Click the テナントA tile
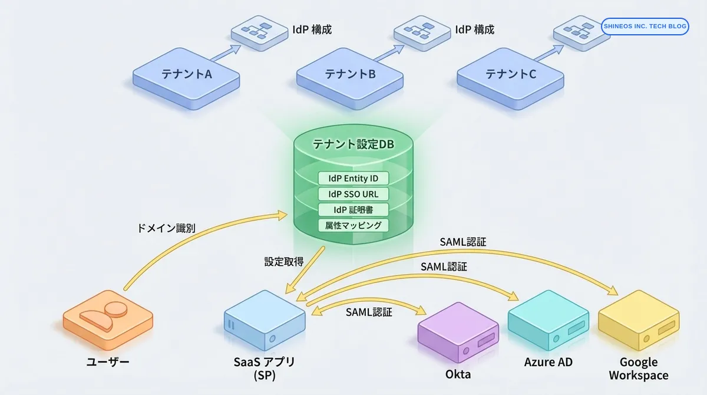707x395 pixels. click(x=186, y=75)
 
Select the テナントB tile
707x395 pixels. click(x=350, y=75)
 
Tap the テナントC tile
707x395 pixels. click(x=511, y=75)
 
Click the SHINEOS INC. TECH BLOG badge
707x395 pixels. click(x=645, y=27)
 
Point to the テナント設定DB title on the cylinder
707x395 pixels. click(x=353, y=144)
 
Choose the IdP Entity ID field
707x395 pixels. click(x=353, y=178)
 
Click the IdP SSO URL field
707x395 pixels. click(x=353, y=194)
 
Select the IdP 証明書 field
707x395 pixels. click(x=353, y=209)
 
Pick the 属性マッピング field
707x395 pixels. click(x=353, y=225)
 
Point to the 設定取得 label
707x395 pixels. click(x=283, y=261)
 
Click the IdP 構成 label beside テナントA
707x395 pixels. click(x=312, y=29)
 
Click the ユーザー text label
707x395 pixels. click(x=107, y=362)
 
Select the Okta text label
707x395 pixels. click(x=458, y=374)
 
